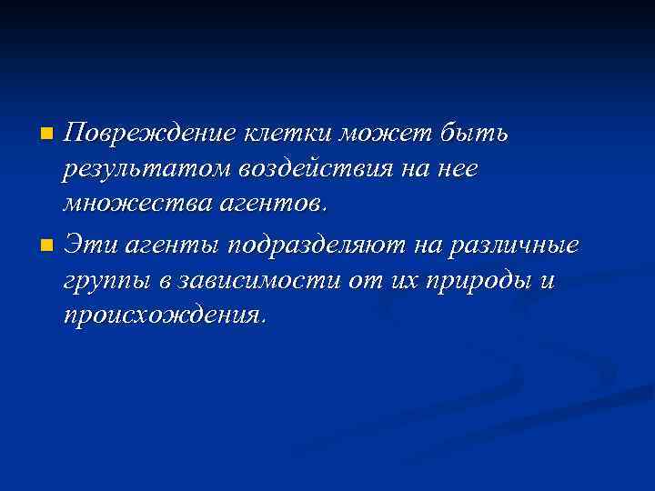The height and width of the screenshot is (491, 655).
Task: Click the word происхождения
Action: click(x=164, y=316)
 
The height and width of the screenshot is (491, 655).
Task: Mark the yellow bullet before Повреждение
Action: click(x=48, y=135)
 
